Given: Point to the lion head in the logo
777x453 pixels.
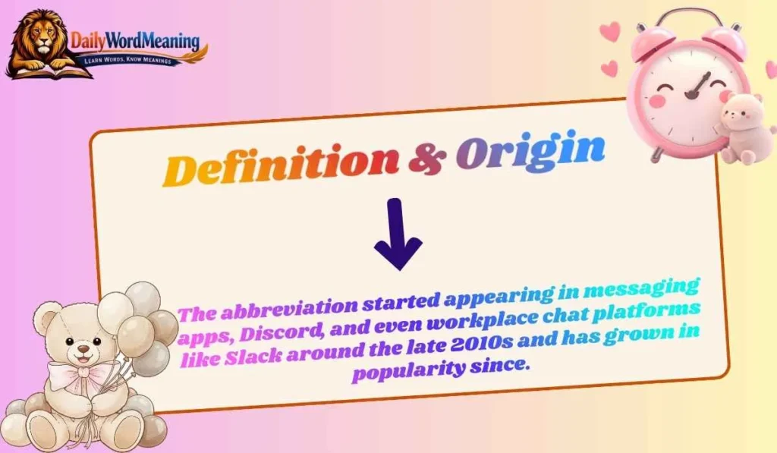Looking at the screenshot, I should pos(38,39).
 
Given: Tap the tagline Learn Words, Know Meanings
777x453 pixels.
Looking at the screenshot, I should pos(135,59).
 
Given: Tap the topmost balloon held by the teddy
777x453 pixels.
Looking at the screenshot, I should pos(142,297).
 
